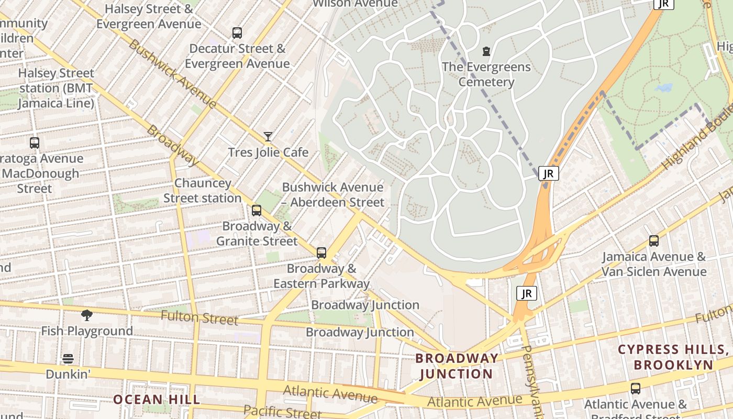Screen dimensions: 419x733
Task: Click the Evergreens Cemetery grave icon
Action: click(486, 51)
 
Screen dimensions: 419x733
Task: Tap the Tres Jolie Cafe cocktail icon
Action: click(268, 137)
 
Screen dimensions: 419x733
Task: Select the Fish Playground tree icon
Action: click(87, 315)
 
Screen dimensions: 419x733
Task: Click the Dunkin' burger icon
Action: click(68, 359)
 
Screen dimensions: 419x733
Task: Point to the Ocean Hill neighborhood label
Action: click(157, 400)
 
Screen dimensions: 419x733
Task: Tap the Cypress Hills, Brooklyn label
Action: click(673, 357)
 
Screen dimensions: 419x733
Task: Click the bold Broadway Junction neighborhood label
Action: click(457, 366)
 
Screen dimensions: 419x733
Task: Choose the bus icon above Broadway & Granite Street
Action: click(257, 211)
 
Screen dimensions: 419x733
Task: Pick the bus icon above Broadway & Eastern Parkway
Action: click(321, 253)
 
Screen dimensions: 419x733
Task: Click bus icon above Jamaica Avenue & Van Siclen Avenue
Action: click(654, 241)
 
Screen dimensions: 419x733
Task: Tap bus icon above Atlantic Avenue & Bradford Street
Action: click(636, 389)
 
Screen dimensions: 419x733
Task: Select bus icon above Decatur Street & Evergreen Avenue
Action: click(237, 33)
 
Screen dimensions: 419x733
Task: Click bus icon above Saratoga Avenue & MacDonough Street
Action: click(35, 142)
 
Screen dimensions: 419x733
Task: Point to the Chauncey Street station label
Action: click(202, 191)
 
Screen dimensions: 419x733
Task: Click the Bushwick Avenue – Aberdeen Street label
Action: click(333, 195)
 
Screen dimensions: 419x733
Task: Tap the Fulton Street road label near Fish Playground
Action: click(199, 317)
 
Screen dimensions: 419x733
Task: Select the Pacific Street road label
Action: click(282, 412)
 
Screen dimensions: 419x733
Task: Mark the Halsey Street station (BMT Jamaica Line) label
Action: click(56, 88)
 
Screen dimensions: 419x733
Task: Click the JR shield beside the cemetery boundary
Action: click(548, 173)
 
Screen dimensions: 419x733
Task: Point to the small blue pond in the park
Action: click(664, 88)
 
